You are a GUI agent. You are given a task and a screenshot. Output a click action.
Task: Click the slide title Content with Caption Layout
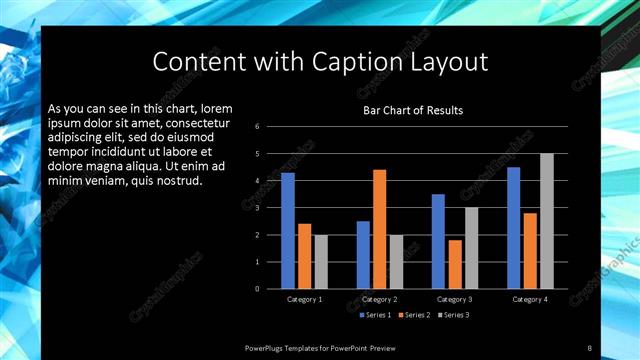pos(320,62)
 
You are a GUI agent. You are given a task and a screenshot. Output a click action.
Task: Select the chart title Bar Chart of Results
pos(412,110)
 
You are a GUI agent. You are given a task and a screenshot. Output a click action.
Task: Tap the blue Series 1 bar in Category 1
pos(288,231)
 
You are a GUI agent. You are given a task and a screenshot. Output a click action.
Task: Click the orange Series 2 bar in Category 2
pos(380,229)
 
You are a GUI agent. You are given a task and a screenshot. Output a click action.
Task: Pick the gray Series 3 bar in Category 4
pos(546,221)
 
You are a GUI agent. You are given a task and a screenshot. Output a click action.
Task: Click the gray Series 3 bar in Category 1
pos(321,262)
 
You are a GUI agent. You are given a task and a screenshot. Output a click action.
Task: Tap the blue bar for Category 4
pos(513,228)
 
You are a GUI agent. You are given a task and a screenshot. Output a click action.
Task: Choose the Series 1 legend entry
pos(375,315)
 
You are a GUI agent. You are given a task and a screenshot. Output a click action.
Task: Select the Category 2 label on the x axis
pos(379,299)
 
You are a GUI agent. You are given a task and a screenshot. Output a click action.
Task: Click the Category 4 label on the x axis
pos(529,299)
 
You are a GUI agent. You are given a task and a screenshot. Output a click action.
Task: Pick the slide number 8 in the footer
pos(590,347)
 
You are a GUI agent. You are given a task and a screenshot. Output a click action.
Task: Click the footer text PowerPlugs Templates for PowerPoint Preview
pos(320,347)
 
